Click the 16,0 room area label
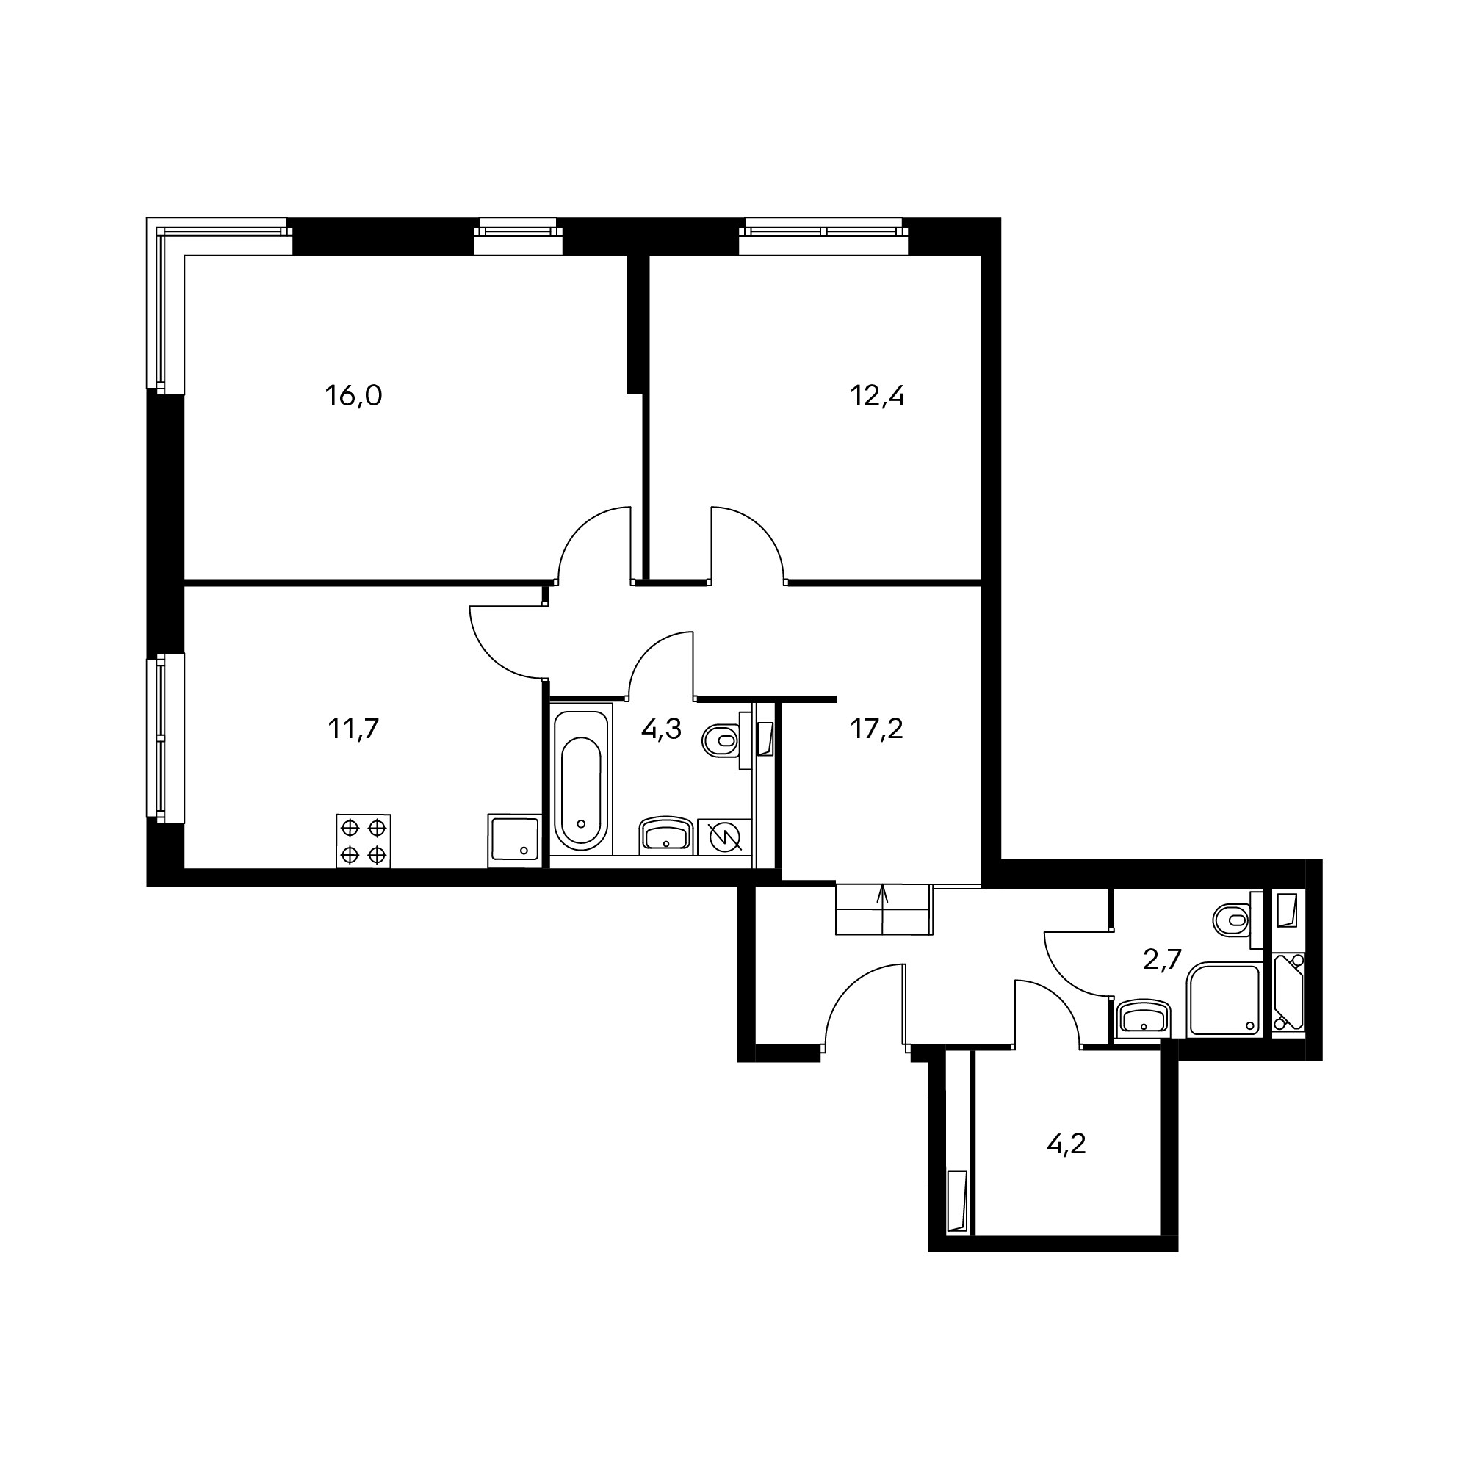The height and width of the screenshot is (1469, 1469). (x=353, y=396)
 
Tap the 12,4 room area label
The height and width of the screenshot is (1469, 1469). (x=877, y=396)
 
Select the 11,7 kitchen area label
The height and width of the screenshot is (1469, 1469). (x=353, y=729)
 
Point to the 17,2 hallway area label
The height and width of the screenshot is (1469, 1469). (x=877, y=729)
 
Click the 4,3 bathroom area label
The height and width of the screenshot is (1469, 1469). (x=662, y=729)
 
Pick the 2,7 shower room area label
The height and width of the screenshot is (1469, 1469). (x=1163, y=959)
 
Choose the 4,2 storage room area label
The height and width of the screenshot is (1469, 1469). (x=1066, y=1164)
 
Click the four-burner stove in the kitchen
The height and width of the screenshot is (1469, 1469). (x=364, y=841)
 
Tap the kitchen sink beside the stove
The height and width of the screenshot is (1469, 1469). (x=515, y=840)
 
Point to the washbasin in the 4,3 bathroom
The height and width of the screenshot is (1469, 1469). (x=666, y=836)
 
